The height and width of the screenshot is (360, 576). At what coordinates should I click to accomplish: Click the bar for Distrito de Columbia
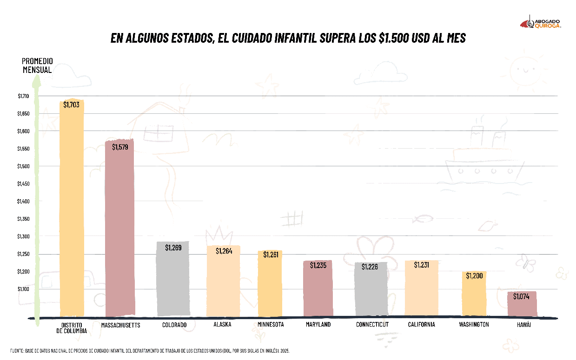coord(72,207)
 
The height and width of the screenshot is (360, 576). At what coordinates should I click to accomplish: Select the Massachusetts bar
coord(120,228)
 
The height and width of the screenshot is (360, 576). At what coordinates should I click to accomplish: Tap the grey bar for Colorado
coord(173,279)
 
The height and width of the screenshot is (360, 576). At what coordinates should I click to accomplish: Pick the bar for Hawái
coord(522,304)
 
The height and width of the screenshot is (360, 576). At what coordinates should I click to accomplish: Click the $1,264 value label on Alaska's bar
coord(224,251)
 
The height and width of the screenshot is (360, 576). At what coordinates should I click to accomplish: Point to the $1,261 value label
coord(271,255)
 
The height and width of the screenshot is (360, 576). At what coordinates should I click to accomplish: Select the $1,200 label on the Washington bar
coord(475,276)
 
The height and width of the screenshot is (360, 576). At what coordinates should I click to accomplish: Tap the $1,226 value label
coord(370,267)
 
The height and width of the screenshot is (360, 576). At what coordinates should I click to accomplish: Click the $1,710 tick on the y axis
coord(23,96)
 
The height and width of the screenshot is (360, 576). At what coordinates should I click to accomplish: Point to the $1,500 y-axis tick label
coord(23,166)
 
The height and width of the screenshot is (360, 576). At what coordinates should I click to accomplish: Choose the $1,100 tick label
coord(23,289)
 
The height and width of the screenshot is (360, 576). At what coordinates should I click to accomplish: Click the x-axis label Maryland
coord(318,325)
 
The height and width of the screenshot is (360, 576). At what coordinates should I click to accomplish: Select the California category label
coord(422,325)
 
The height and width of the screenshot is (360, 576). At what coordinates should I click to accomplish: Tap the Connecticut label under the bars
coord(372,325)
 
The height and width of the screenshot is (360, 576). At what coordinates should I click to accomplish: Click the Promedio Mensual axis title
coord(37,65)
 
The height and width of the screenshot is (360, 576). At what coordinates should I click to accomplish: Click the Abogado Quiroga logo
coord(541,23)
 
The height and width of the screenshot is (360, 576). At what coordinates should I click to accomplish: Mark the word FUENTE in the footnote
coord(17,351)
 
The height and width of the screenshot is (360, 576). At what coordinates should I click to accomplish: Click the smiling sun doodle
coord(525,71)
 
